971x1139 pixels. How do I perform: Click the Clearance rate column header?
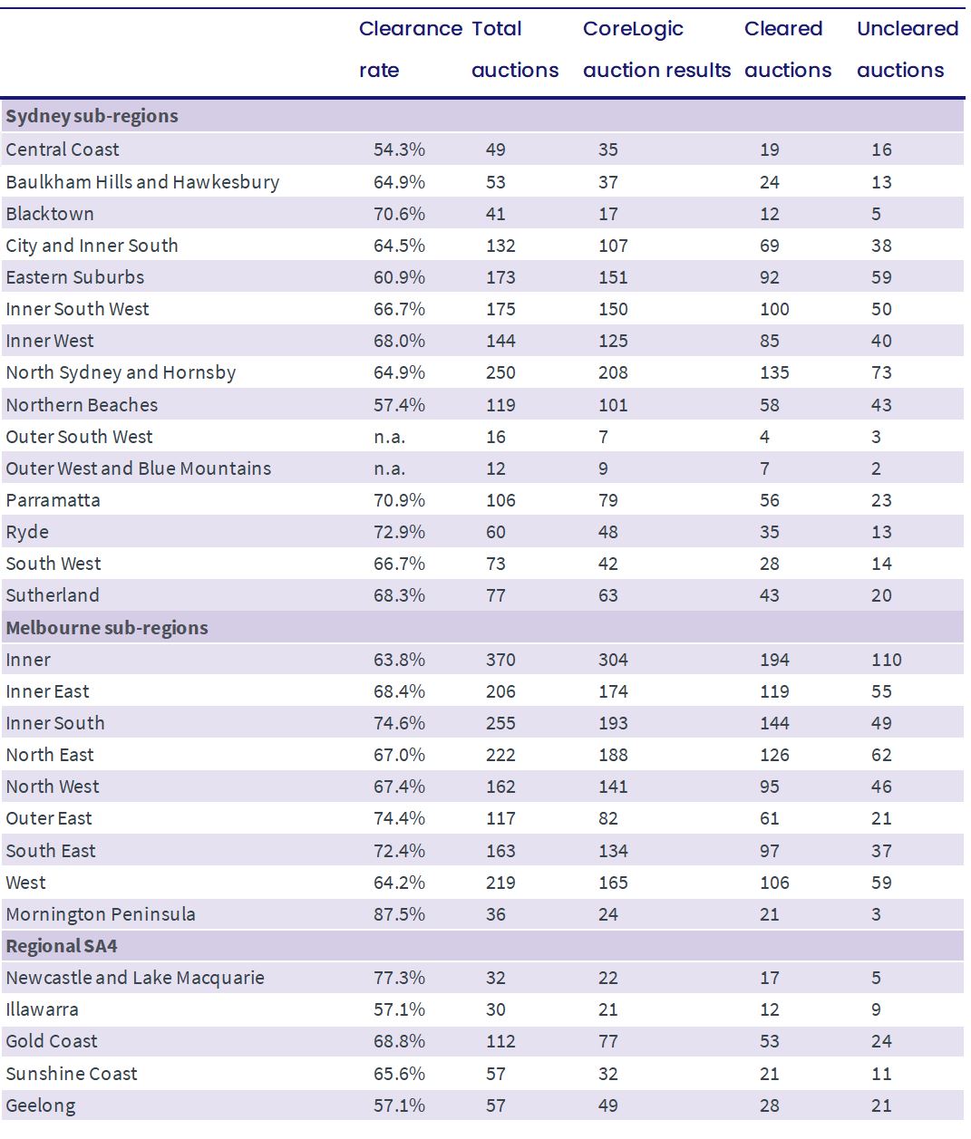410,49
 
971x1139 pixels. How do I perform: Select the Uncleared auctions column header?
908,49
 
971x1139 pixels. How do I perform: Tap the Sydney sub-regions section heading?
92,116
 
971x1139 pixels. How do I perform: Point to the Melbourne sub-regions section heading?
107,628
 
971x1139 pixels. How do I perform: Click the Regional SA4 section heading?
62,946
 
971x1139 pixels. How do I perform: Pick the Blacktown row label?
50,214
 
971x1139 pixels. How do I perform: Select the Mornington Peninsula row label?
101,914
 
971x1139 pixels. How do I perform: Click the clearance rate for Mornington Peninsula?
399,914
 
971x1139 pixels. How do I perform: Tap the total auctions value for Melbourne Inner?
500,660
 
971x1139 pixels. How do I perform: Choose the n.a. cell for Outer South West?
389,437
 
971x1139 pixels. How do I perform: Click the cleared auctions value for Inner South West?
774,309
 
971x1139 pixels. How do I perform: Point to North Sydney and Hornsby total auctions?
500,372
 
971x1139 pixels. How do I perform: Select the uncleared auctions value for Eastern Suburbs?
881,277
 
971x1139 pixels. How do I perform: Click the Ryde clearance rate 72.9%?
399,532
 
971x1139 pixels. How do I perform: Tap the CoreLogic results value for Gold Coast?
607,1041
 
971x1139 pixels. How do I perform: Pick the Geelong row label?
41,1105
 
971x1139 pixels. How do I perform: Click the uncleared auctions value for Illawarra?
876,1009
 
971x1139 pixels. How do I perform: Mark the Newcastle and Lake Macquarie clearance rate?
399,978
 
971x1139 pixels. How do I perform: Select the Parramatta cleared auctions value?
769,500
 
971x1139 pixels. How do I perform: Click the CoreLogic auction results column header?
656,49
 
